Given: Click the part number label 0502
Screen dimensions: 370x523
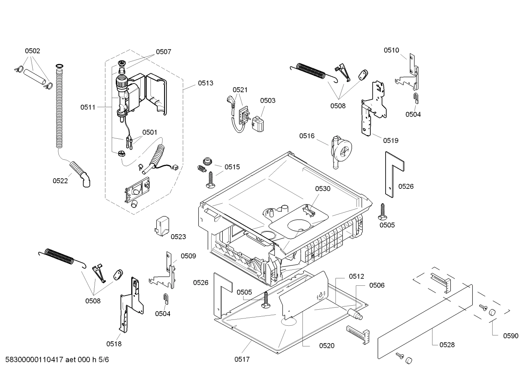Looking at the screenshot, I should click(x=32, y=51).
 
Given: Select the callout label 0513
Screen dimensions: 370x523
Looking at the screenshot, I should click(x=205, y=83).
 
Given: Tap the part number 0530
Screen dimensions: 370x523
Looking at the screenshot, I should click(x=322, y=189).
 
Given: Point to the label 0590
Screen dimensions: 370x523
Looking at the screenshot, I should click(x=510, y=336).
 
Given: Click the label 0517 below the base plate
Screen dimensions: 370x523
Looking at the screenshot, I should click(x=242, y=359).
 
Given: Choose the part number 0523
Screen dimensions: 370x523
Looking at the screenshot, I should click(x=178, y=237).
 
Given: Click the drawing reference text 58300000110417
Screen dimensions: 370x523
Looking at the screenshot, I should click(x=34, y=359).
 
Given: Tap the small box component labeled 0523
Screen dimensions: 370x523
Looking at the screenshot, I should click(x=162, y=225).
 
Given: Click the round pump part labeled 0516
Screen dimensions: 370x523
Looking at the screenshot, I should click(x=341, y=152).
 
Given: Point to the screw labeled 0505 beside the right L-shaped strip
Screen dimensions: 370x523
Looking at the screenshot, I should click(x=382, y=212).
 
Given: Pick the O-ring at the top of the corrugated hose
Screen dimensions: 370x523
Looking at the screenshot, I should click(x=59, y=66).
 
